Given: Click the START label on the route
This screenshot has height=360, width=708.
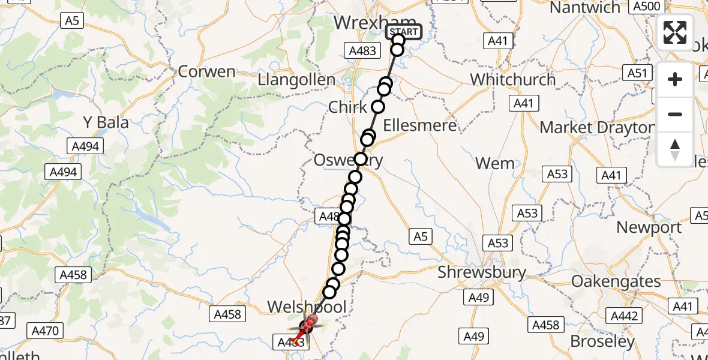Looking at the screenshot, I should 404,32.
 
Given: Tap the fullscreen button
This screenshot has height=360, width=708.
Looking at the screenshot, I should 675,32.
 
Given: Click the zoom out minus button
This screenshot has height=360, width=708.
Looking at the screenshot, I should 675,114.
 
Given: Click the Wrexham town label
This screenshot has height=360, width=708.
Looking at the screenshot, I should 366,23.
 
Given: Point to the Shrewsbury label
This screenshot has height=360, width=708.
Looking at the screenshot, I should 482,272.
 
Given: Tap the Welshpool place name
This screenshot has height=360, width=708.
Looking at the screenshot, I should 307,307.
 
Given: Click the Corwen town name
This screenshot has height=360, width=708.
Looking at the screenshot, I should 207,71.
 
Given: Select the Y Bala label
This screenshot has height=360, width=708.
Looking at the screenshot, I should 106,122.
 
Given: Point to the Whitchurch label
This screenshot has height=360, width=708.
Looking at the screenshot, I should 513,79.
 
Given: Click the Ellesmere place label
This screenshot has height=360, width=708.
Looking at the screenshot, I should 420,125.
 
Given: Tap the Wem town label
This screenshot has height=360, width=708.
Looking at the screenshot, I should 495,163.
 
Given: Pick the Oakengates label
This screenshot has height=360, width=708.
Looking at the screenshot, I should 616,281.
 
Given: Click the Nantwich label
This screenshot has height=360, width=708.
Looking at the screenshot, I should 585,8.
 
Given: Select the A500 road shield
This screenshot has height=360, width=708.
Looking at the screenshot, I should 646,7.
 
